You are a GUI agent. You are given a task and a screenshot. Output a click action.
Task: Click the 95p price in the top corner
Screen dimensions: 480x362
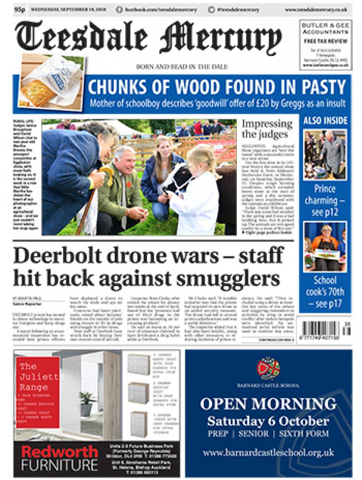tap(20, 9)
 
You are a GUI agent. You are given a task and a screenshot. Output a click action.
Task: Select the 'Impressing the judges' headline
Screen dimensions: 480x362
tap(267, 129)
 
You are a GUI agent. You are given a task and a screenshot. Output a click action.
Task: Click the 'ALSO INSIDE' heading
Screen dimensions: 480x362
tap(326, 121)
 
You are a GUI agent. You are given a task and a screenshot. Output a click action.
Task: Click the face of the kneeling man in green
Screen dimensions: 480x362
tap(124, 159)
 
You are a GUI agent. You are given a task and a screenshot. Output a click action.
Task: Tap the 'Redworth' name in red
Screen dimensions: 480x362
tap(59, 452)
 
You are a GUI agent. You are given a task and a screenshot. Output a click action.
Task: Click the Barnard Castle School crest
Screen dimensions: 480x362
tap(268, 368)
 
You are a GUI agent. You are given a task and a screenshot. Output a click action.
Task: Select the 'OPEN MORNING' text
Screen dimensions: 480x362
tap(268, 404)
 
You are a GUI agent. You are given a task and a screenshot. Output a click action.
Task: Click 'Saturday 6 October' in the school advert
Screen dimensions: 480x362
tap(268, 421)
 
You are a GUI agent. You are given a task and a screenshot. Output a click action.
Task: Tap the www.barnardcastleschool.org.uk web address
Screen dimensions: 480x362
tap(268, 453)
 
